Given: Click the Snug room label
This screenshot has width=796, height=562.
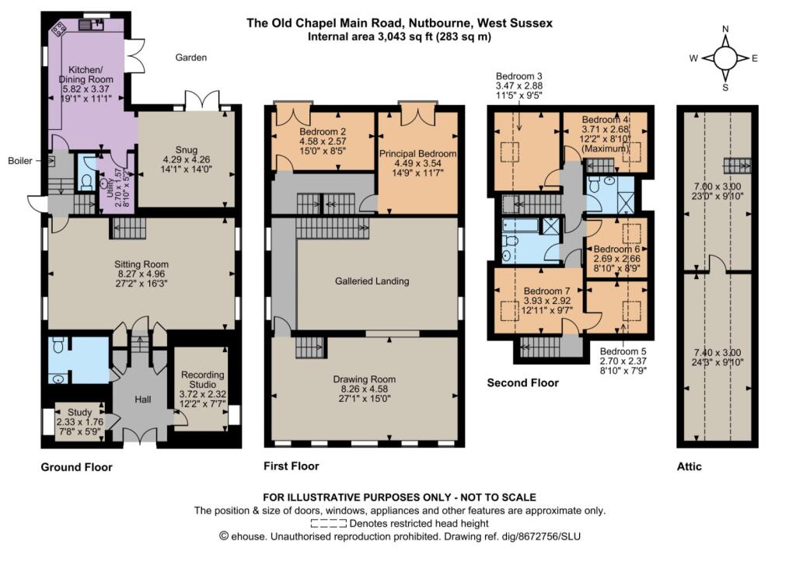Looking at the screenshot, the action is [187, 150].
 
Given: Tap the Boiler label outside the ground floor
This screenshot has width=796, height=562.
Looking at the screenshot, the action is [20, 161].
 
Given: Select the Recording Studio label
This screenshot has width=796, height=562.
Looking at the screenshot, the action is [203, 379].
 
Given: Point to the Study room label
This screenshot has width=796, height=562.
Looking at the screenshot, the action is [80, 412].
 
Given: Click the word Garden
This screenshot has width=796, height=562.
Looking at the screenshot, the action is [191, 58].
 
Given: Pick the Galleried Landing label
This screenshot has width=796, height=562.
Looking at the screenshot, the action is [372, 281].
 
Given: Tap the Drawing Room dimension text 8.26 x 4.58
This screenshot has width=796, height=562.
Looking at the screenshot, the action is [365, 389].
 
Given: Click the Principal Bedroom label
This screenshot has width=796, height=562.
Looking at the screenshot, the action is [417, 153].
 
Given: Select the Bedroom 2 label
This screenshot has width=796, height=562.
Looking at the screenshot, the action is [323, 131].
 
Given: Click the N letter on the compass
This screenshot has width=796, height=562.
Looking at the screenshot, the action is [725, 29].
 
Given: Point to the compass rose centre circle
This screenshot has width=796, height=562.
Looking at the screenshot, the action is [725, 58].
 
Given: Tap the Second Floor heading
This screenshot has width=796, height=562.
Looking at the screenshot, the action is [523, 382].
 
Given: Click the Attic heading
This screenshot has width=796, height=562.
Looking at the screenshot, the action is [690, 466].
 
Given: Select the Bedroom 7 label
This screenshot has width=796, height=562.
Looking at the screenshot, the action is [547, 291].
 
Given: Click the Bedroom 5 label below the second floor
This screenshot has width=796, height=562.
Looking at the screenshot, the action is [623, 351].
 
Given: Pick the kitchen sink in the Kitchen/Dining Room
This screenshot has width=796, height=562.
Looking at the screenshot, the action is [92, 25].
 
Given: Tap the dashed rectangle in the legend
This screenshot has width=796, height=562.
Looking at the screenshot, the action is [329, 523].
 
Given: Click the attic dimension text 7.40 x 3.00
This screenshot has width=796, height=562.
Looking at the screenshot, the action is [717, 352].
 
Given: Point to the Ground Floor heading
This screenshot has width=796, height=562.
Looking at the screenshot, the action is [77, 467].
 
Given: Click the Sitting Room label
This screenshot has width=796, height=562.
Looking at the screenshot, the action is [141, 264].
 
